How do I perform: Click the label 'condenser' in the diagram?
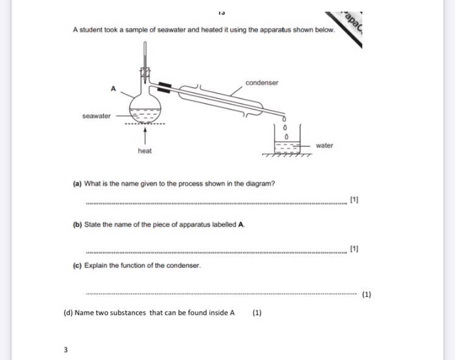tap(262, 83)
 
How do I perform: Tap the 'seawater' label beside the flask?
tap(97, 116)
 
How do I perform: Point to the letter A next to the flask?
tap(113, 89)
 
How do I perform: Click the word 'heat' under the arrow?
tap(145, 151)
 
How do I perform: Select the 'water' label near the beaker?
tap(324, 145)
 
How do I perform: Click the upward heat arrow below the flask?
tap(145, 135)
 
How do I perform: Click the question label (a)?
tap(77, 184)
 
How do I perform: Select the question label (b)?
tap(77, 224)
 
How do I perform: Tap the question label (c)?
tap(77, 265)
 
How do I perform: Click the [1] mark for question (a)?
tap(354, 199)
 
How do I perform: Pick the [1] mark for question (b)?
tap(354, 249)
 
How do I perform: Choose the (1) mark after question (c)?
tap(366, 294)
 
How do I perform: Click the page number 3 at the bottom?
tap(66, 350)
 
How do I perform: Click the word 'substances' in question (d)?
tap(127, 313)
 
